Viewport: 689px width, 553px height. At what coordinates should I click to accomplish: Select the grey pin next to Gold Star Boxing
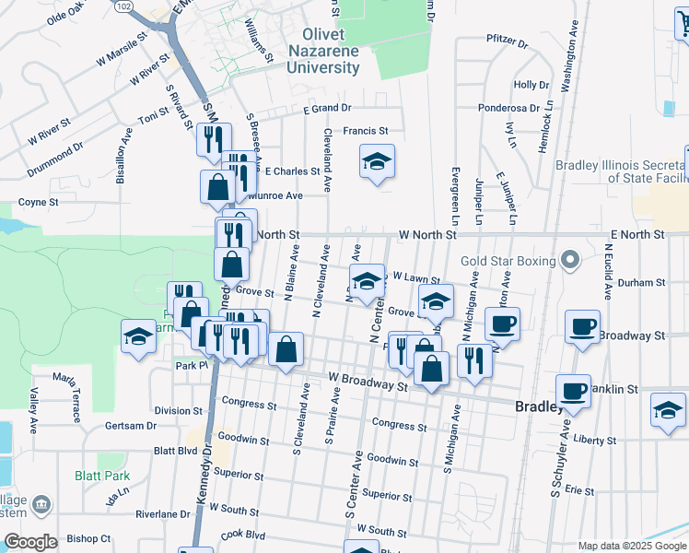(569, 262)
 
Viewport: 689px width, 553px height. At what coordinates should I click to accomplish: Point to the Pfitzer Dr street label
(507, 42)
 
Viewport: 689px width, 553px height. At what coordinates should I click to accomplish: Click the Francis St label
(366, 131)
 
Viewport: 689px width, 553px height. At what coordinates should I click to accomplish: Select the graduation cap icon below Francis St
(377, 163)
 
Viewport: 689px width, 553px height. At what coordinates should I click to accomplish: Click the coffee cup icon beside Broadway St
(584, 327)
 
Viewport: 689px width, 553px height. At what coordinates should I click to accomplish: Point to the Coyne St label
(39, 202)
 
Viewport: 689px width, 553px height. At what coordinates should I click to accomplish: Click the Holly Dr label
(531, 85)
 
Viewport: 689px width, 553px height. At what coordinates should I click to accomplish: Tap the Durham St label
(643, 283)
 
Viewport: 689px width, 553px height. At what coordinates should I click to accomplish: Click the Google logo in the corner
(30, 542)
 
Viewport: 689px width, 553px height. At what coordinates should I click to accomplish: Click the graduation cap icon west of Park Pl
(139, 335)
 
